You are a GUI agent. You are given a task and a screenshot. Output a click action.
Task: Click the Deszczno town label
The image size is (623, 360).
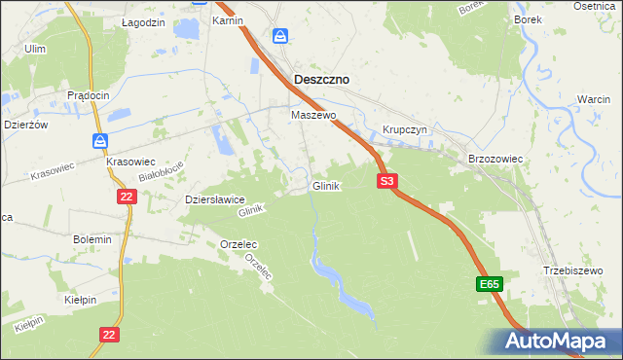pyautogui.click(x=322, y=80)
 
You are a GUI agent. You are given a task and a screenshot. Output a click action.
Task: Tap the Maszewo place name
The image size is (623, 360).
pyautogui.click(x=313, y=115)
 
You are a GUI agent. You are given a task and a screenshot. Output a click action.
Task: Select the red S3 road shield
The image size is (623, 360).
pyautogui.click(x=387, y=181)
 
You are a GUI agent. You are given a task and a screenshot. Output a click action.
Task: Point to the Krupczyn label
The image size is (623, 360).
pyautogui.click(x=405, y=129)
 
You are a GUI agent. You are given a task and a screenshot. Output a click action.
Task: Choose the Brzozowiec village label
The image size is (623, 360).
pyautogui.click(x=496, y=157)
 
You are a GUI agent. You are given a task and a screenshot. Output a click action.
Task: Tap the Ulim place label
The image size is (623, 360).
pyautogui.click(x=35, y=48)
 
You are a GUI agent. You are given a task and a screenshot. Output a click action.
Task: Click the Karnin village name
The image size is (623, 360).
pyautogui.click(x=227, y=20)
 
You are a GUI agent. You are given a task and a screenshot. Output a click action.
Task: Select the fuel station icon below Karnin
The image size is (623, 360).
pyautogui.click(x=280, y=36)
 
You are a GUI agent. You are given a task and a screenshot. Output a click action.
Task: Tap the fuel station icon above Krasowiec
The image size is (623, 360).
pyautogui.click(x=100, y=141)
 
